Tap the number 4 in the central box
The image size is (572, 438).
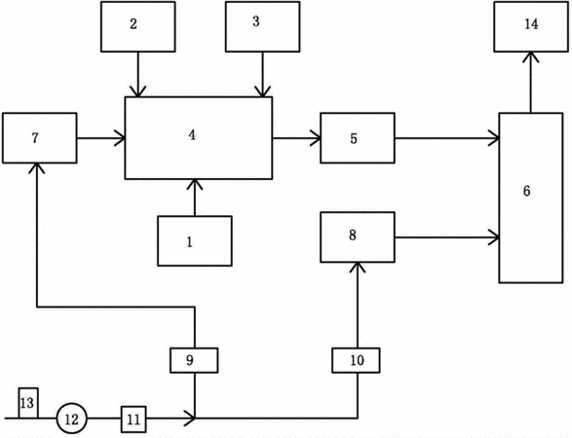192,135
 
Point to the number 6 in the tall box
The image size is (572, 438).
527,191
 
